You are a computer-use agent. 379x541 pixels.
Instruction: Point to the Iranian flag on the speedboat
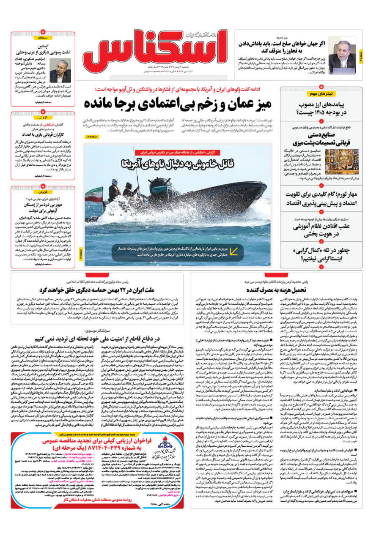94,195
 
